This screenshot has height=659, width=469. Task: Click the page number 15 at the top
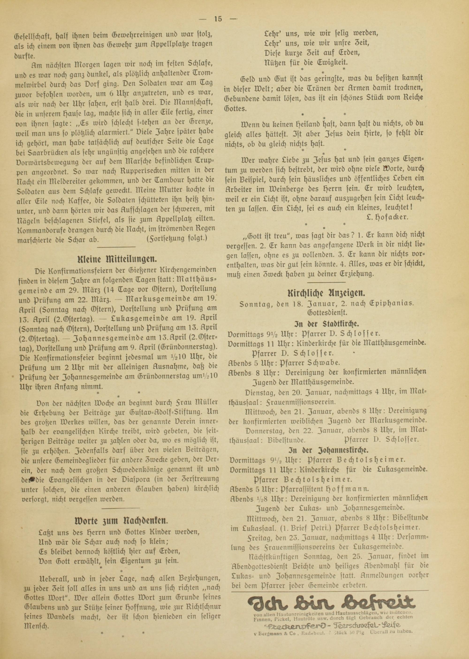[218, 19]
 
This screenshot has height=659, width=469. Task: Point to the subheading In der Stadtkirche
[326, 323]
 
